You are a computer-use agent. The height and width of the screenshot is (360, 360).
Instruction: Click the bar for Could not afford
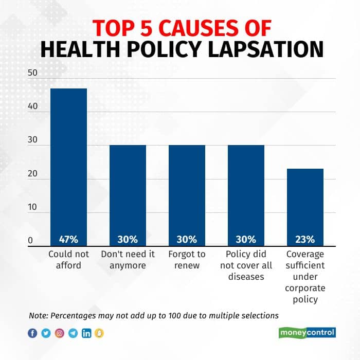pos(68,165)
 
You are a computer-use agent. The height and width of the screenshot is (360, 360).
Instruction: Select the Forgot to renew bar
pos(187,193)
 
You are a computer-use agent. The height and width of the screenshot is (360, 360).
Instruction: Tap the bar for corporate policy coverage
pos(305,206)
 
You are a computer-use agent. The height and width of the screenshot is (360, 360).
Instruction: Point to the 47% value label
pos(68,239)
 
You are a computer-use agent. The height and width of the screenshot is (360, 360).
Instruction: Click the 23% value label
pos(305,239)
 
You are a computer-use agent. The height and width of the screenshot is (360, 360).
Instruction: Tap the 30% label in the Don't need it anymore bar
pos(128,239)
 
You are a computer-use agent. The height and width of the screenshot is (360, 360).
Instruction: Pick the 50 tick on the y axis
pos(33,73)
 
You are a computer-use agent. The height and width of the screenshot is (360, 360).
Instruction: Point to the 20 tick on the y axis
pos(33,174)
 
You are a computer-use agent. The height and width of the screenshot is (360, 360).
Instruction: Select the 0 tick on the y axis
pos(31,240)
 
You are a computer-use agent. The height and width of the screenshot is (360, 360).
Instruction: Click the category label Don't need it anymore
pos(128,260)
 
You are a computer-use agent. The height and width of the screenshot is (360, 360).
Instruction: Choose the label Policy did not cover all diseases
pos(246,265)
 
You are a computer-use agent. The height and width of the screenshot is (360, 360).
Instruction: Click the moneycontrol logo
pos(308,333)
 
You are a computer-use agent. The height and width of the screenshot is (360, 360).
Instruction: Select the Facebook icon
pos(33,333)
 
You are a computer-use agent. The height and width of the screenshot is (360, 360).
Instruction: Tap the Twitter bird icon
pos(46,333)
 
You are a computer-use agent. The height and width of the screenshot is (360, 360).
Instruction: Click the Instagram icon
pos(60,333)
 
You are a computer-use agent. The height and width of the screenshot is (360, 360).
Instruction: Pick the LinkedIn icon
pos(86,333)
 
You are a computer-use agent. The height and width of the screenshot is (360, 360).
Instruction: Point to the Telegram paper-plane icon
pos(73,333)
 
